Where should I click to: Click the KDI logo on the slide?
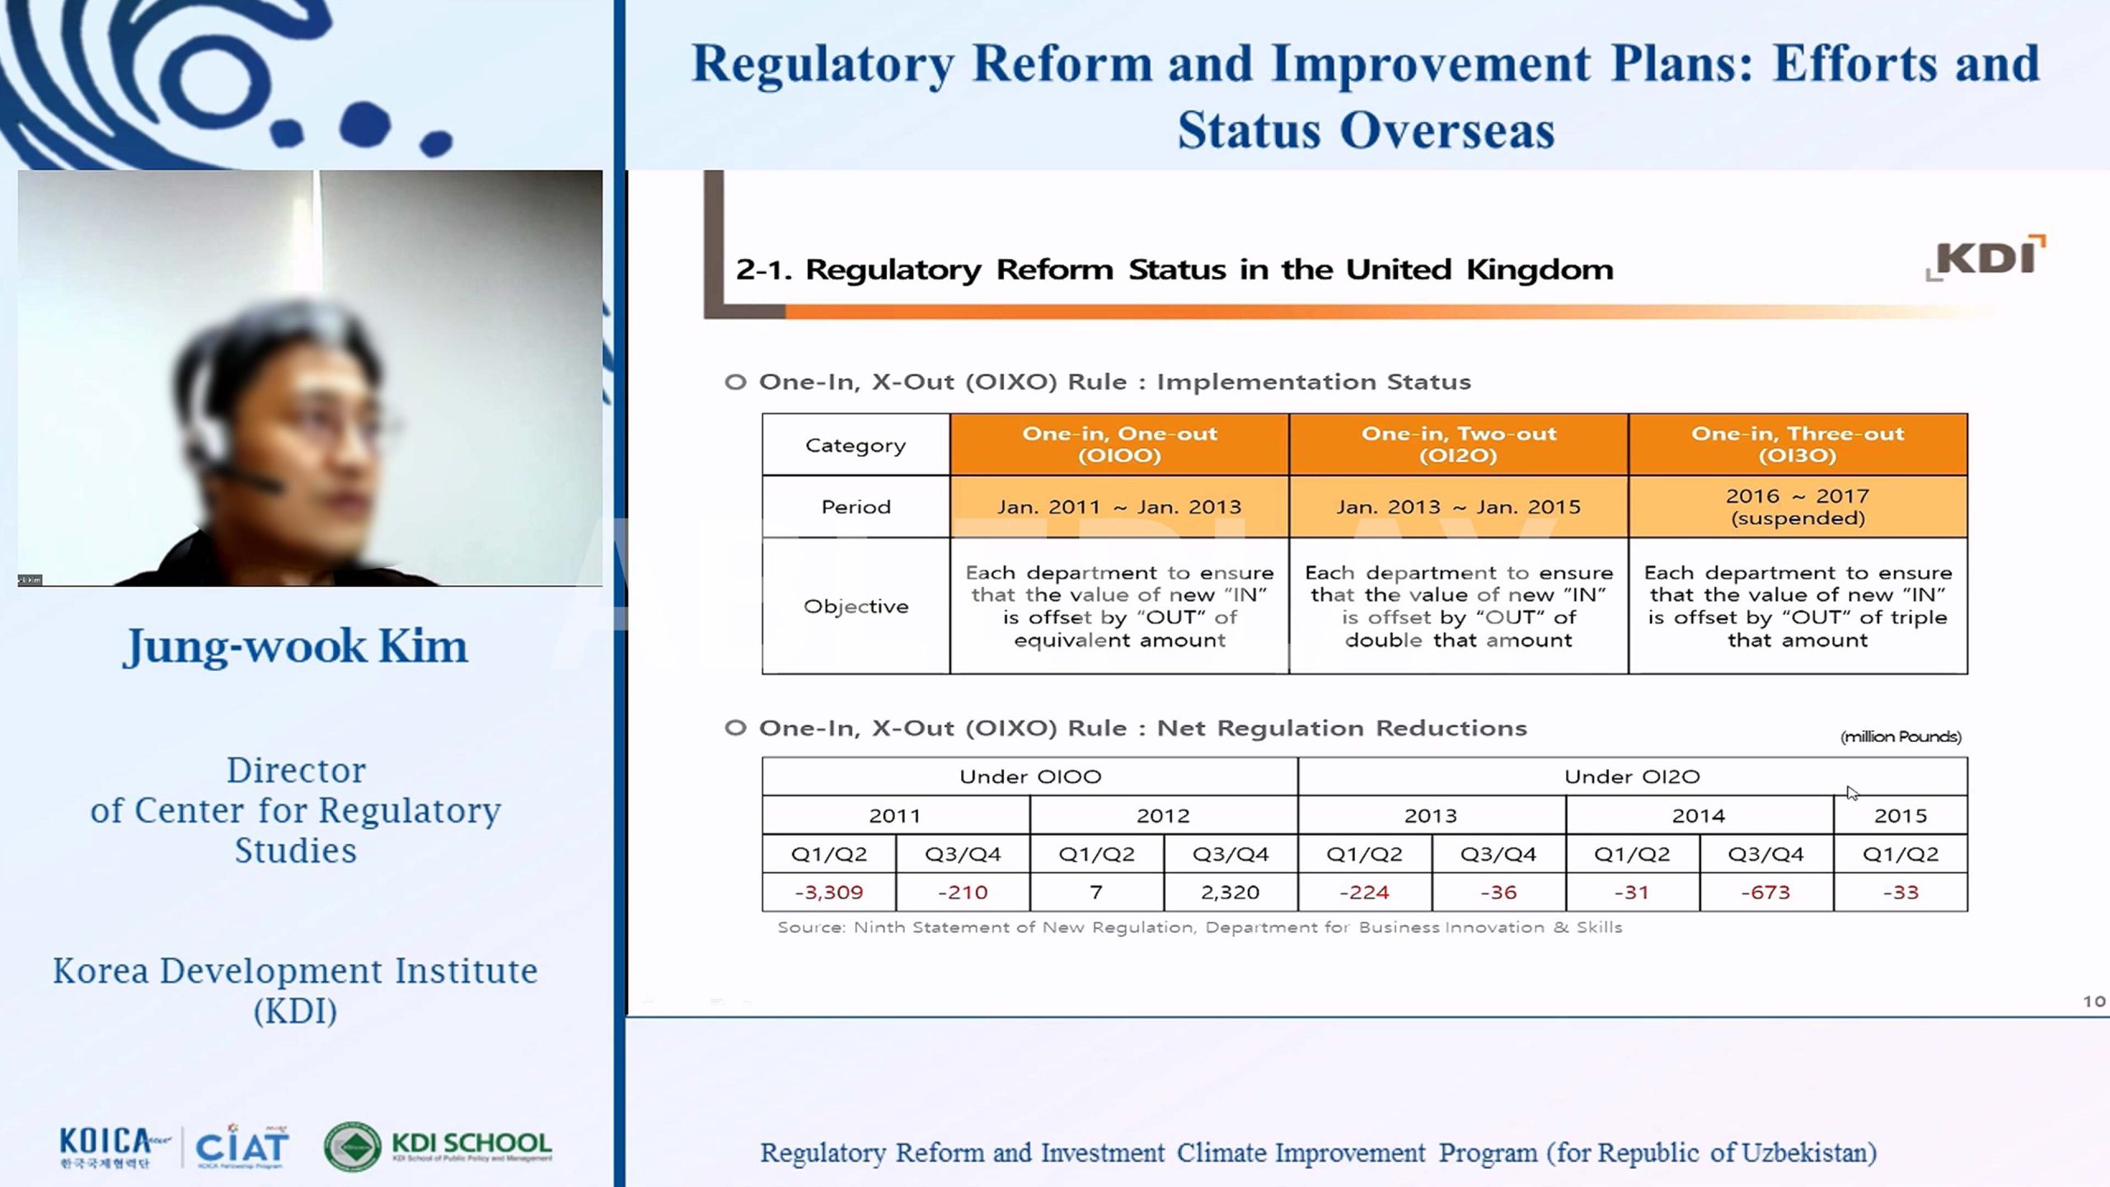click(x=1986, y=257)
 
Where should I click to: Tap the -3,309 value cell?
click(x=828, y=892)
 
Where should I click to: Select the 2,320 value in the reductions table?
click(x=1230, y=892)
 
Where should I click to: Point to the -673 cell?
click(x=1765, y=892)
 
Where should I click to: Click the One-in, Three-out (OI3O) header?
click(x=1798, y=444)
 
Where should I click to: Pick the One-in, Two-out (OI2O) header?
click(x=1458, y=444)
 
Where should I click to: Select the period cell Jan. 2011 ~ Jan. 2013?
click(x=1119, y=507)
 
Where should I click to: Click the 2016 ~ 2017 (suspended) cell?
click(x=1798, y=507)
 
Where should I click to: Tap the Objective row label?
click(x=856, y=606)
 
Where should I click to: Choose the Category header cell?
click(x=856, y=445)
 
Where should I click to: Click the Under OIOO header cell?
click(x=1030, y=776)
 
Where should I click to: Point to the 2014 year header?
click(x=1699, y=815)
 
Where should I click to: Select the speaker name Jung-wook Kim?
click(x=295, y=646)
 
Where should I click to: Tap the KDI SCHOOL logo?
click(x=438, y=1146)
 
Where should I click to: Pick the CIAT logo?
click(x=241, y=1146)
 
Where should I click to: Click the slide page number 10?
click(x=2094, y=1002)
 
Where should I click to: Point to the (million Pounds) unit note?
click(x=1901, y=737)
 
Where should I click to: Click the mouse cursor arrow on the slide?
click(x=1852, y=793)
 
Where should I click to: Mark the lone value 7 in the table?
click(x=1096, y=892)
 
